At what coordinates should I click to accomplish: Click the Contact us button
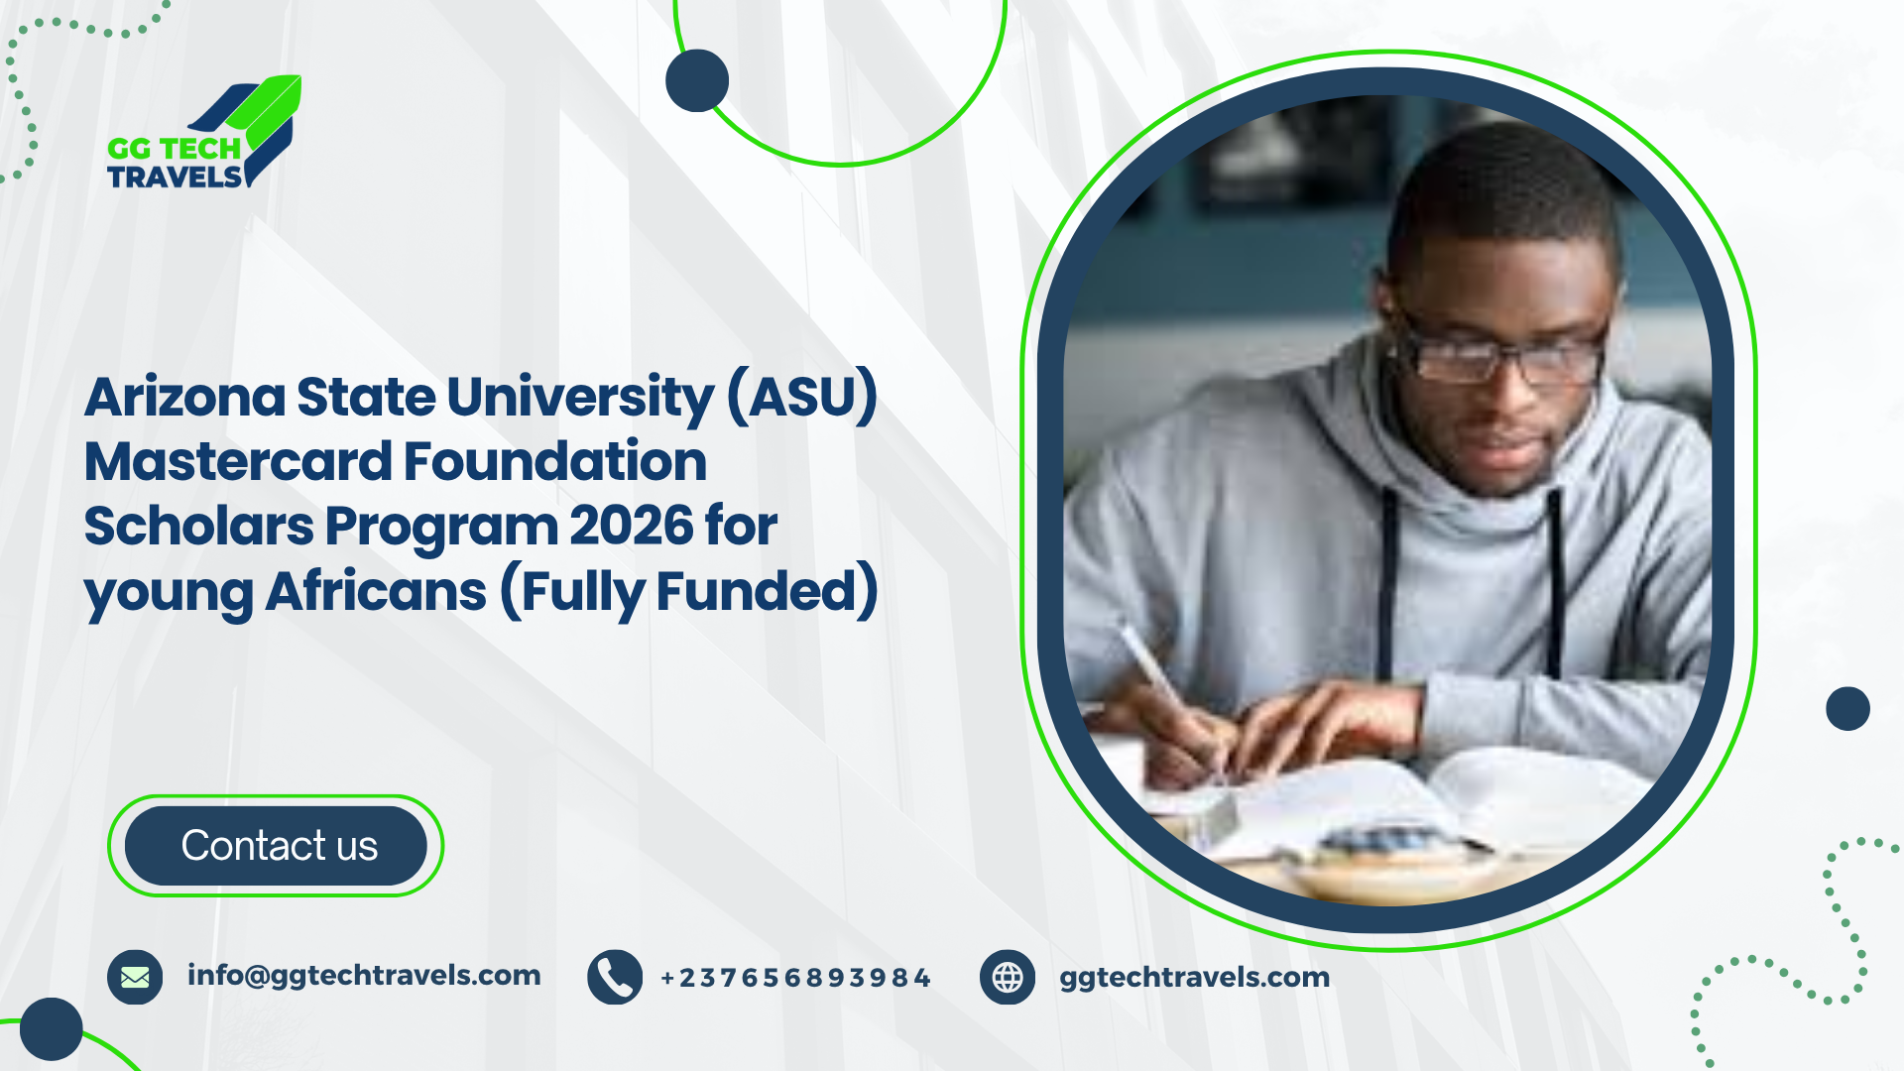coord(276,846)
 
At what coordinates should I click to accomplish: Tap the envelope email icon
coord(135,977)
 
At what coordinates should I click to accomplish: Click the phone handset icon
coord(615,977)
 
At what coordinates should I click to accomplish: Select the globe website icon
coord(1008,977)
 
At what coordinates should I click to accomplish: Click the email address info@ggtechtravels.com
coord(364,976)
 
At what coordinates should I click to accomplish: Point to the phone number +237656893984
coord(795,978)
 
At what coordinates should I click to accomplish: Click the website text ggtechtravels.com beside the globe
coord(1194,978)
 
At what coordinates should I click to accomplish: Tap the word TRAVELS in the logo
coord(175,178)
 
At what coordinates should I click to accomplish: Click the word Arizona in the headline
coord(185,398)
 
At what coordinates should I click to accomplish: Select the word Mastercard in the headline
coord(238,462)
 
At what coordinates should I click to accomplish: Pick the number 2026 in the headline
coord(631,526)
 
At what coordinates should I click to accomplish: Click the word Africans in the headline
coord(376,591)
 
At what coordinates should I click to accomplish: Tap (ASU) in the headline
coord(802,398)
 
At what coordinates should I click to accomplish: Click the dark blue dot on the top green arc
coord(697,80)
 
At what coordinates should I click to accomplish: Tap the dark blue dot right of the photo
coord(1847,709)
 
